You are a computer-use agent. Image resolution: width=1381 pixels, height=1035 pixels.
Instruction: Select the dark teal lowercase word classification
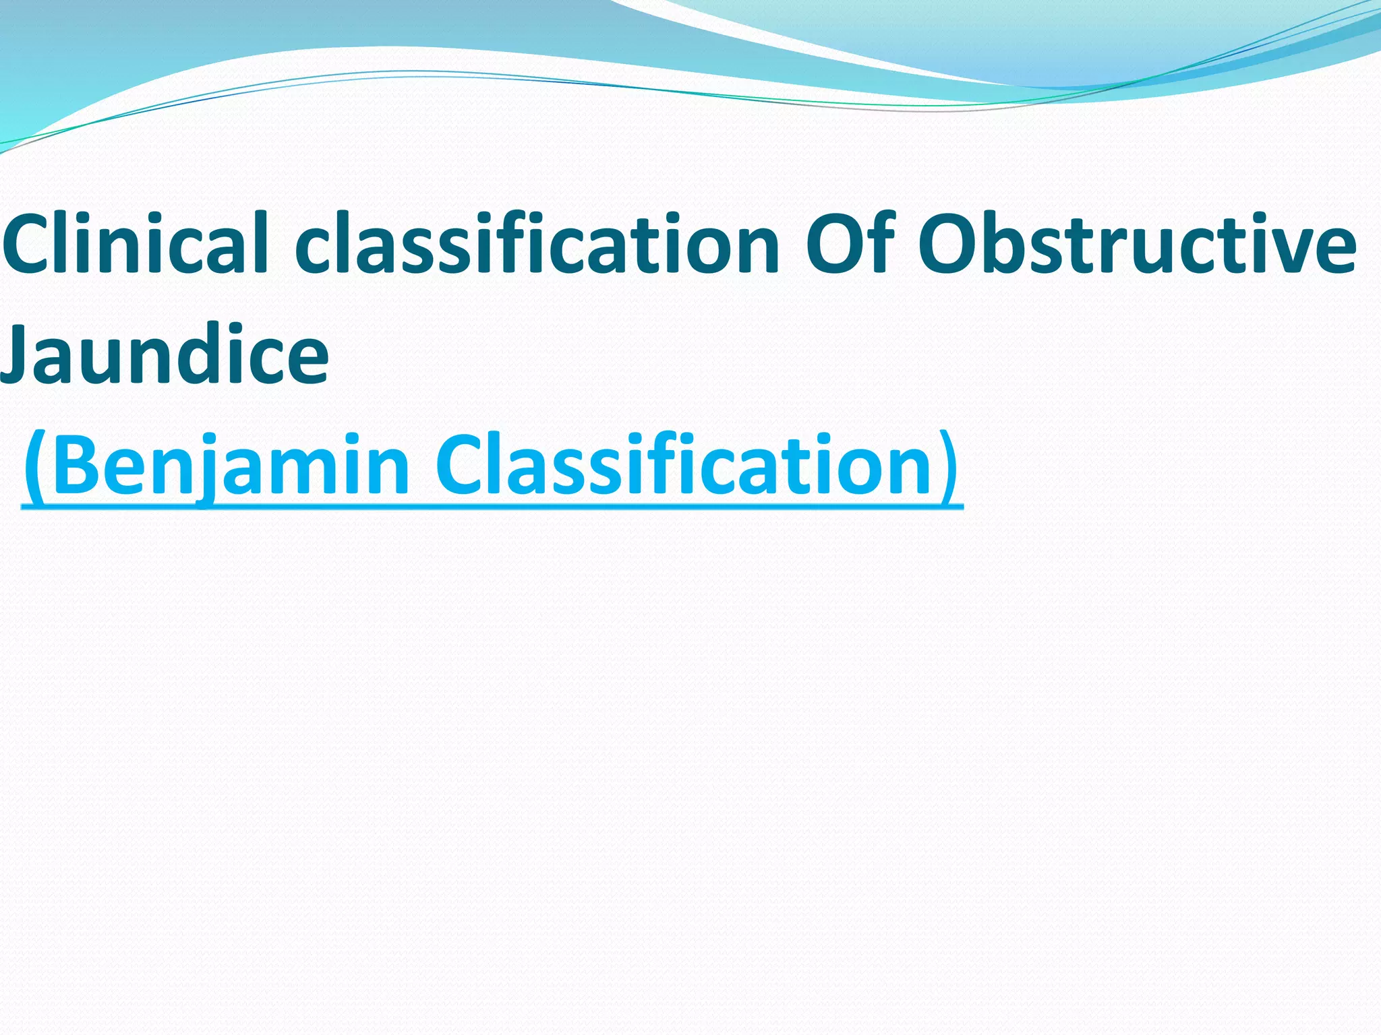(x=537, y=244)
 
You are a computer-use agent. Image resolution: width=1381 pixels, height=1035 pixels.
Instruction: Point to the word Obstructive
(x=1137, y=244)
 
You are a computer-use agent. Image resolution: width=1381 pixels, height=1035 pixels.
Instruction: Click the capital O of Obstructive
(x=953, y=244)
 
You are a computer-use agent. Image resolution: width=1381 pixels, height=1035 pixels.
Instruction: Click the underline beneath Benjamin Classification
(x=492, y=506)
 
